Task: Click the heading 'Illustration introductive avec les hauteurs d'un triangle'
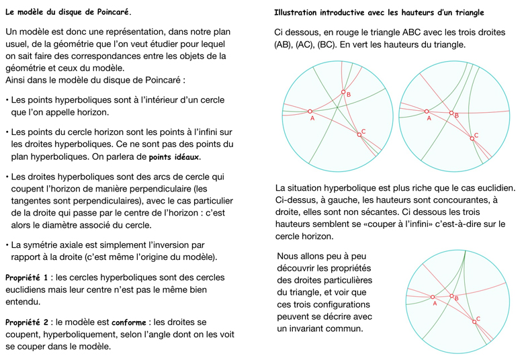click(379, 13)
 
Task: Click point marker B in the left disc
click(343, 93)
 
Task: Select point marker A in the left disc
click(310, 111)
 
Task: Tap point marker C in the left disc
click(359, 135)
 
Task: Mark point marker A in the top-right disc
click(426, 111)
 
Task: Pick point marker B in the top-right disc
click(451, 114)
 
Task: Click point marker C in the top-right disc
click(472, 138)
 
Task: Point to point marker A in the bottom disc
click(433, 296)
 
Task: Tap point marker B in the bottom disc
click(452, 296)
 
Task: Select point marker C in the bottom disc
click(474, 322)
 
